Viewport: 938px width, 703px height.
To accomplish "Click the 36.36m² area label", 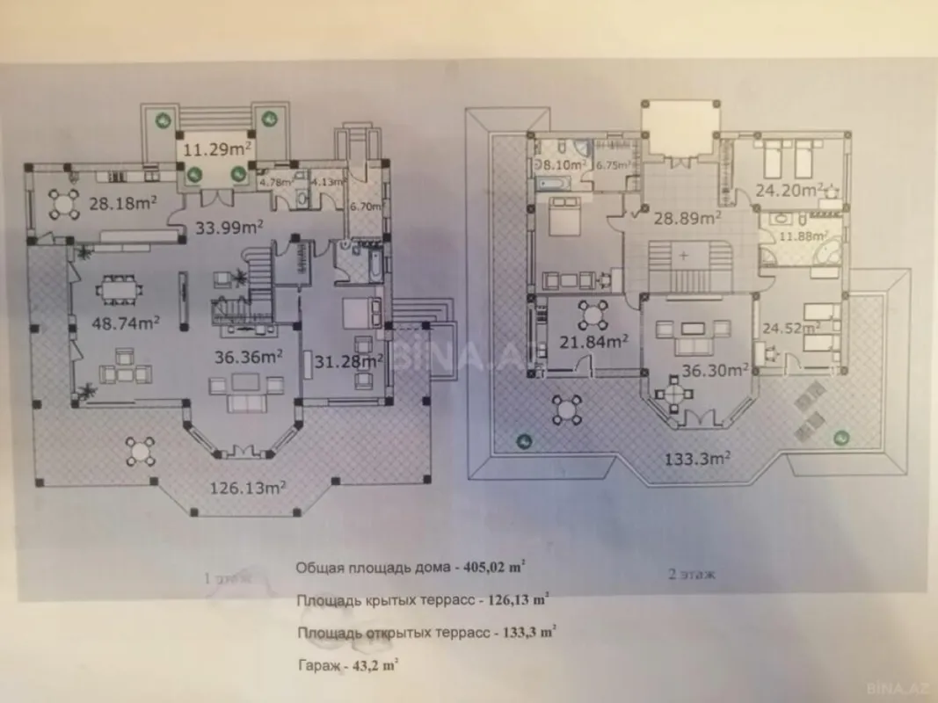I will tap(249, 357).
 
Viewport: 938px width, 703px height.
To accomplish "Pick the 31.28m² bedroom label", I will tap(349, 360).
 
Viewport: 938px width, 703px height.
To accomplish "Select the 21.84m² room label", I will tap(593, 341).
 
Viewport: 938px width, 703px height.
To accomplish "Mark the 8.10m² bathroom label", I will tap(563, 163).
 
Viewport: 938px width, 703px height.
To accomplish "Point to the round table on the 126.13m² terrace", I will tap(140, 451).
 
